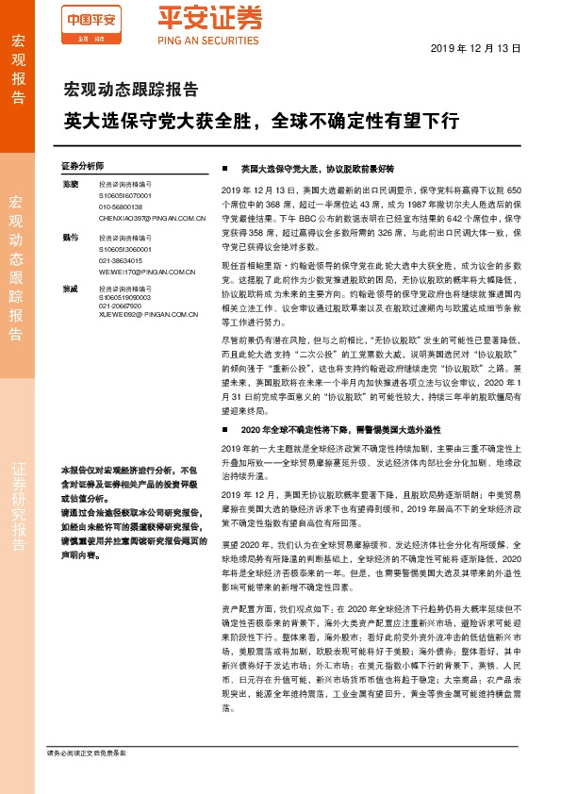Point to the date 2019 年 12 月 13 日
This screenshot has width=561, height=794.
481,47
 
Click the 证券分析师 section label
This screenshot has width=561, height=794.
81,164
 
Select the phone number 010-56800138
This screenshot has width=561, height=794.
120,207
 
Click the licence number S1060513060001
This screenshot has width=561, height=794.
125,250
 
